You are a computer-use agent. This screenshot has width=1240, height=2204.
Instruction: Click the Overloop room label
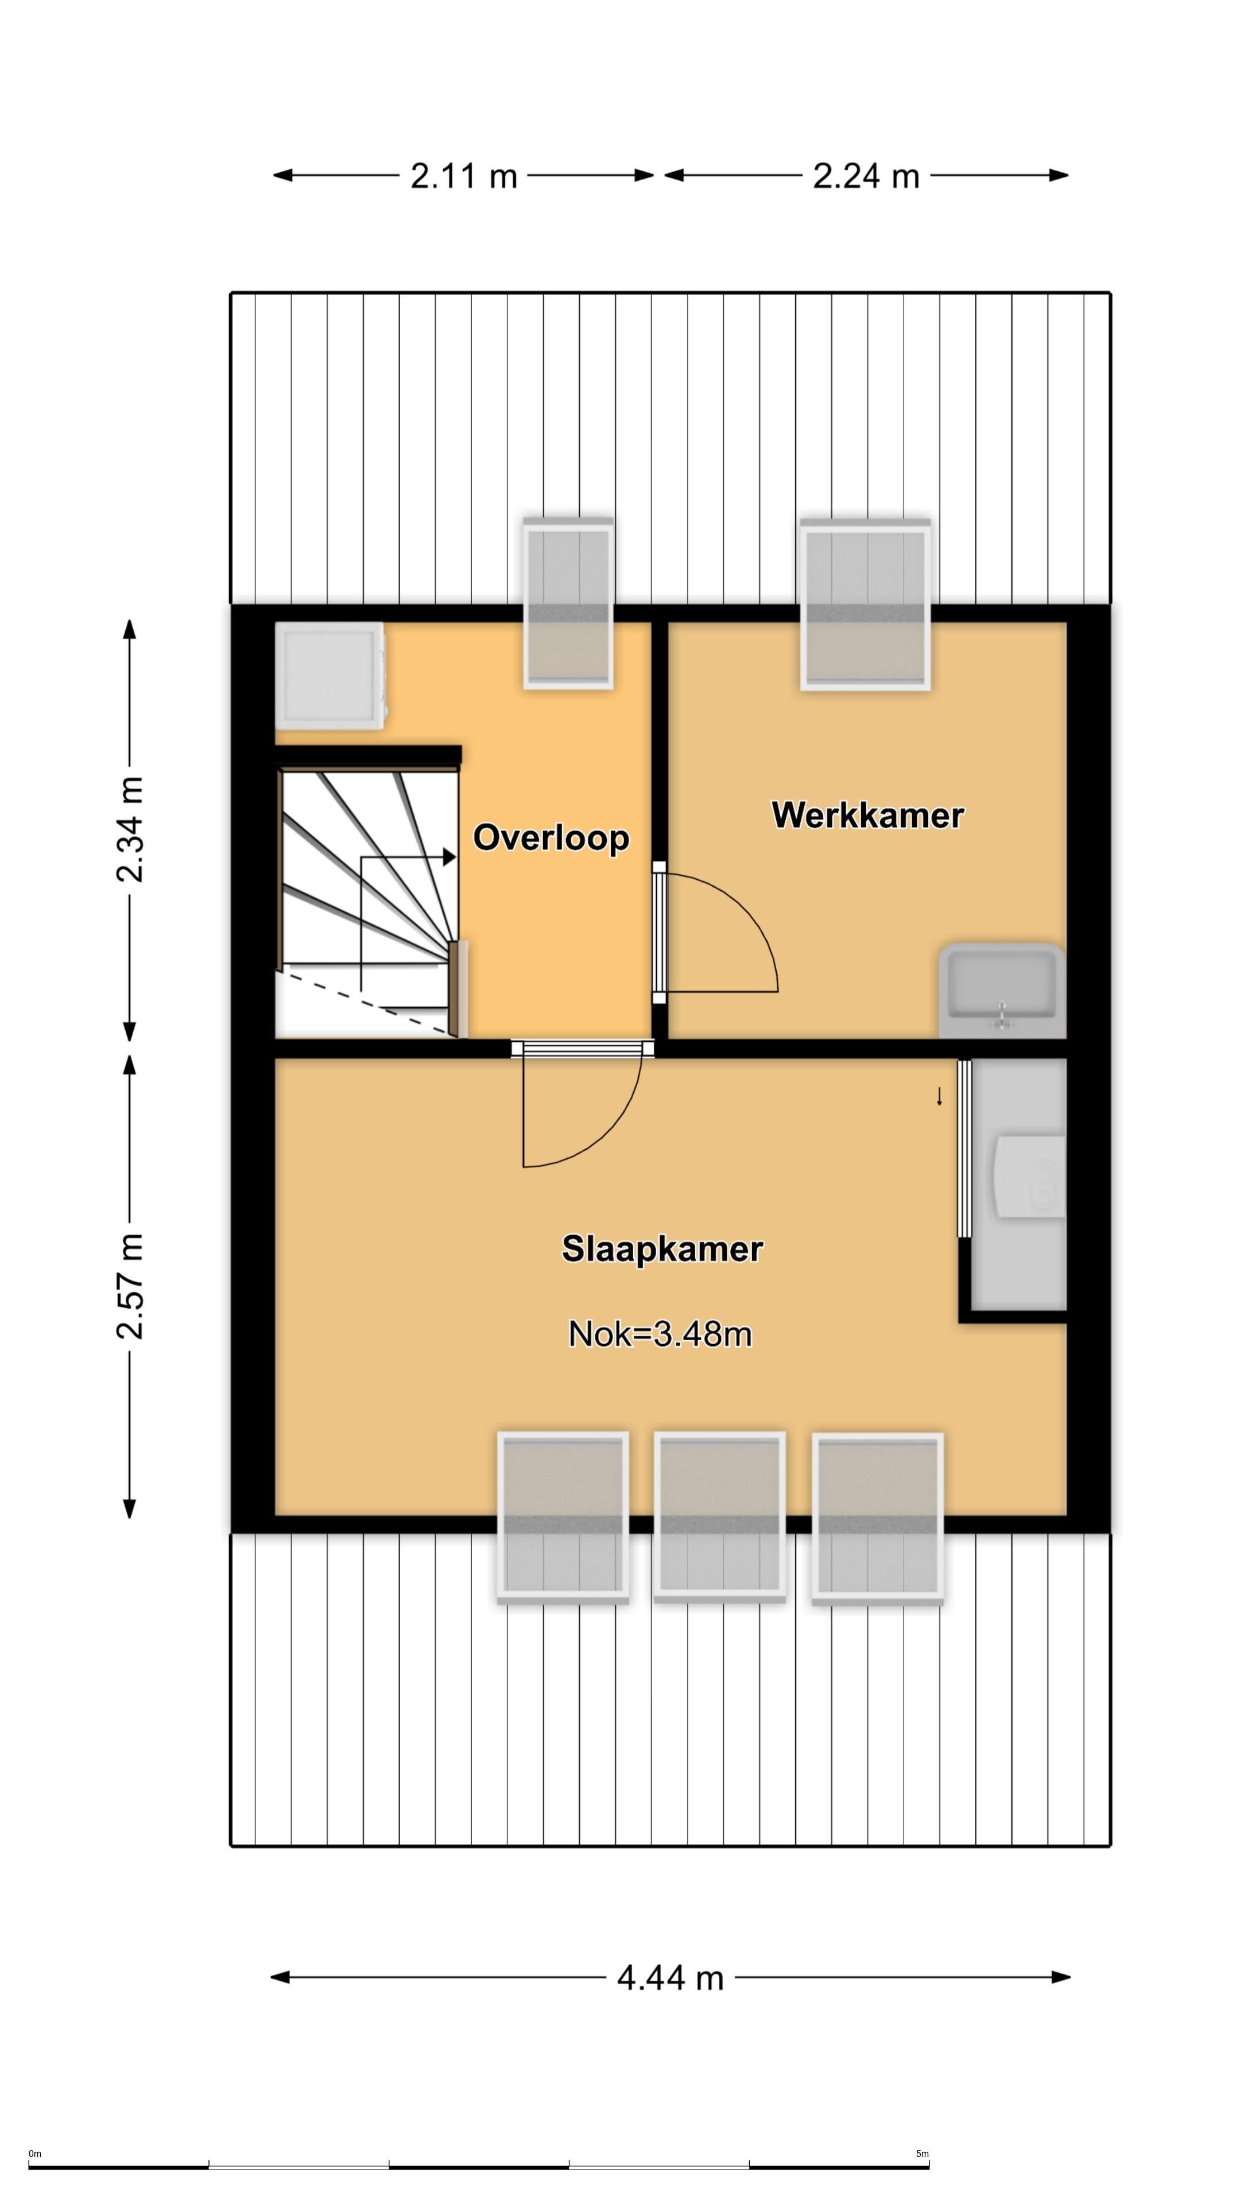coord(551,837)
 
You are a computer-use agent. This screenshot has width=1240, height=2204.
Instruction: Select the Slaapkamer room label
coord(661,1249)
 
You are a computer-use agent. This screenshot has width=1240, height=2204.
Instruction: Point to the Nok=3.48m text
coord(660,1334)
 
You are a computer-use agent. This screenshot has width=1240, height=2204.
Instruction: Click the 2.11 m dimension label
coord(464,176)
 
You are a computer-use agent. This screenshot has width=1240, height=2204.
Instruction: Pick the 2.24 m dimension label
coord(866,176)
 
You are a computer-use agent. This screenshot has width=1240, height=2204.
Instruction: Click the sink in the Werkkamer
coord(1001,991)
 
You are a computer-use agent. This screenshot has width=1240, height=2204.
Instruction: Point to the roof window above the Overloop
coord(568,602)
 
